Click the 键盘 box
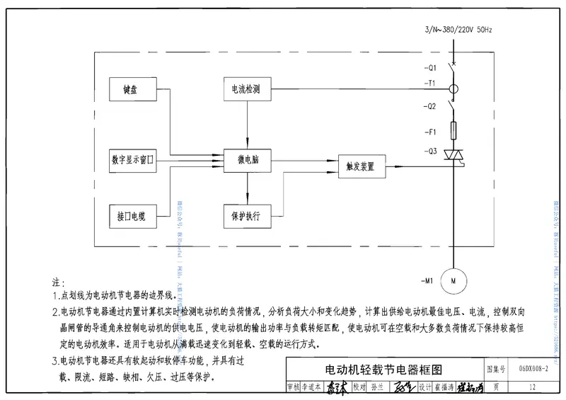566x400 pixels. tap(132, 91)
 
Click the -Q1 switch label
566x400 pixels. tap(431, 68)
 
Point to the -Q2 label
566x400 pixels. tap(431, 106)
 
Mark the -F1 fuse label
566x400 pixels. tap(431, 132)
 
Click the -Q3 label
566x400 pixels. tap(431, 152)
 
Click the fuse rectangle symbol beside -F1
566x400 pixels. tap(452, 130)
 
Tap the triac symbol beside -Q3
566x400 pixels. tap(452, 154)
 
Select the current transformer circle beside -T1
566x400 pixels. tap(452, 90)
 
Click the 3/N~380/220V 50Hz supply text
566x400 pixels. tap(458, 30)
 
